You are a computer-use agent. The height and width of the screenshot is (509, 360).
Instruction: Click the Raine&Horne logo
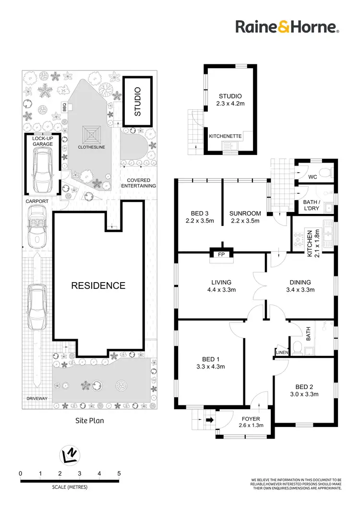pos(288,26)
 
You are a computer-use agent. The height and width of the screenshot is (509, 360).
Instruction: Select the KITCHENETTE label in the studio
pos(225,137)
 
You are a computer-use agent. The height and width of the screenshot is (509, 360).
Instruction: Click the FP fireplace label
pos(221,254)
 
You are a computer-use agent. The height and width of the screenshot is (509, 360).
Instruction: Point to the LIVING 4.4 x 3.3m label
pos(221,286)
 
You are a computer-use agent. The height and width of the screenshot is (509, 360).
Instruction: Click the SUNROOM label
pos(245,217)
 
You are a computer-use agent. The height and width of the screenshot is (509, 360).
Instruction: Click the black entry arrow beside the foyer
pos(209,421)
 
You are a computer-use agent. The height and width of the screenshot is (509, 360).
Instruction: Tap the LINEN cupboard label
pos(282,353)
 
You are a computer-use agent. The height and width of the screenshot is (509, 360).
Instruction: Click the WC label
pos(313,177)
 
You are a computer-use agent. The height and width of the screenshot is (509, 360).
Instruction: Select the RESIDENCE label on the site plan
pos(98,286)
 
